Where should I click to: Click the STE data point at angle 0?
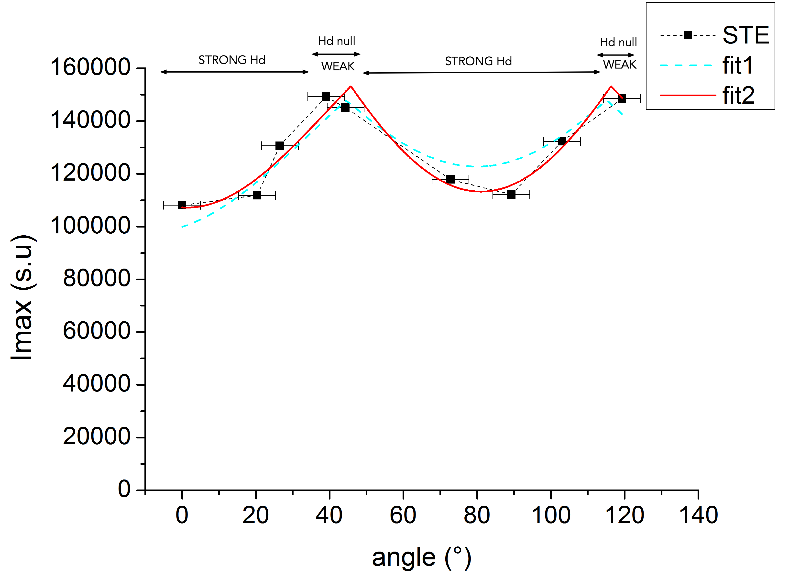(182, 205)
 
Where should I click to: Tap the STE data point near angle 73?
(450, 179)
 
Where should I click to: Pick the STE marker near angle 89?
(511, 195)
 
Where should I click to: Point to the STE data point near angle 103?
(562, 141)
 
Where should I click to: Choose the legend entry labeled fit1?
(737, 65)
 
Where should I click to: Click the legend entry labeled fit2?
(738, 96)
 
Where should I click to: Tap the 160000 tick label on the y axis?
(90, 67)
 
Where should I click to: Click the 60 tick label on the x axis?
(403, 515)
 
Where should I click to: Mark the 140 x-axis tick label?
(698, 515)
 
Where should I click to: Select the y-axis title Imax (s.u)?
(22, 297)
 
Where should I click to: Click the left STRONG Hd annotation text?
(232, 60)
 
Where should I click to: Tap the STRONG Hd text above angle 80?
(478, 62)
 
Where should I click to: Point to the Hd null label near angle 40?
(337, 41)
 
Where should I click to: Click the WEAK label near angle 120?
(620, 65)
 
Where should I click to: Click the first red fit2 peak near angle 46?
(351, 87)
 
